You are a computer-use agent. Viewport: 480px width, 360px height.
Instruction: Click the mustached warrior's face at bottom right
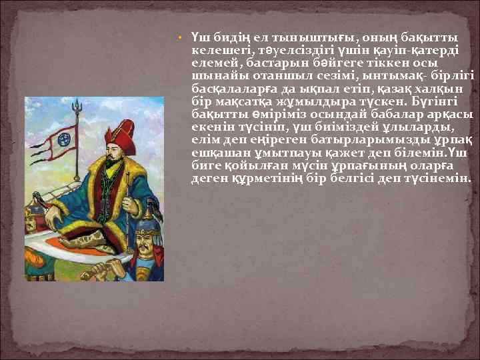point(144,245)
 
